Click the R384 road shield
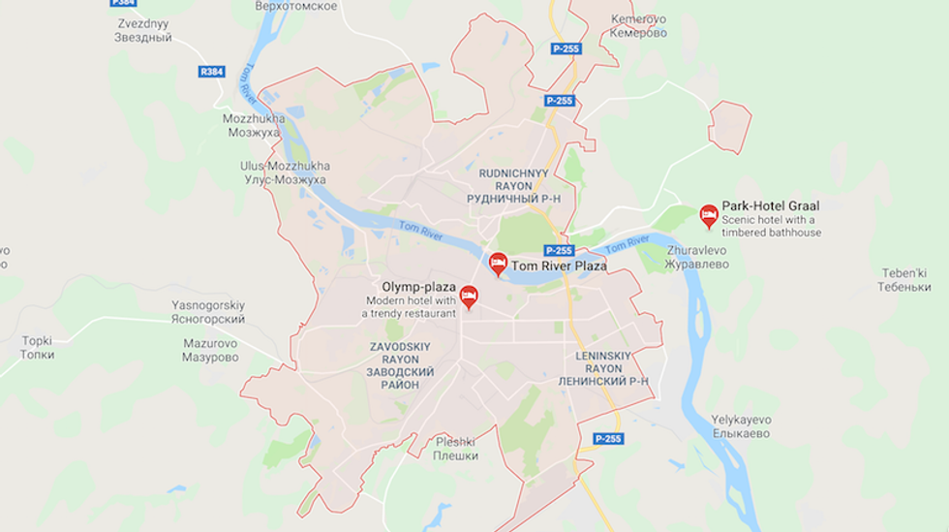[x=211, y=72]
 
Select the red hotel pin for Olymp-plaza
[x=469, y=296]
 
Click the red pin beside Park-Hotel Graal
[x=709, y=215]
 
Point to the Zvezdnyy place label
[x=142, y=31]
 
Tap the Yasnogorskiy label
[x=208, y=312]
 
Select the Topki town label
[x=38, y=347]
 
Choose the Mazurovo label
[x=210, y=350]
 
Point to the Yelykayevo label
[x=741, y=426]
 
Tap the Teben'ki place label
[x=904, y=280]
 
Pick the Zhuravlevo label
[x=697, y=257]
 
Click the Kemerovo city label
[x=638, y=26]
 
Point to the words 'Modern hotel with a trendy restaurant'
[x=409, y=307]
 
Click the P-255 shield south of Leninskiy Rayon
[x=608, y=439]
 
